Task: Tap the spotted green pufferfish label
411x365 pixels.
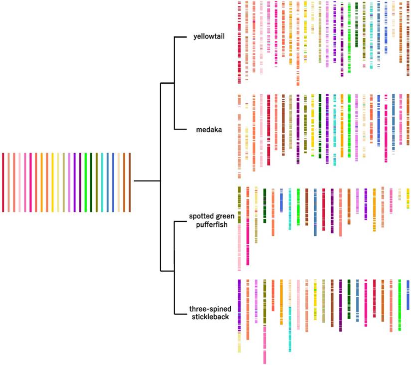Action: coord(208,220)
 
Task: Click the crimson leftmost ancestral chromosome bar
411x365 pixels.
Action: coord(3,182)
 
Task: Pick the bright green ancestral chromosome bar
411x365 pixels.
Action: coord(86,182)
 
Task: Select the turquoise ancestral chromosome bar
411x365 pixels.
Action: coord(102,182)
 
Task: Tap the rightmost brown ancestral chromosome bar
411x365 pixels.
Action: coord(130,182)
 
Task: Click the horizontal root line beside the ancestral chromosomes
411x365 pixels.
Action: coord(147,181)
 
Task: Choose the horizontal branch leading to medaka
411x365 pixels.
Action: coord(183,130)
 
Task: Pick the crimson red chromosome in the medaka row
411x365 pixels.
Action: coord(268,130)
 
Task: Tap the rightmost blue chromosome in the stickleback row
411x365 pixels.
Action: coord(408,294)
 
